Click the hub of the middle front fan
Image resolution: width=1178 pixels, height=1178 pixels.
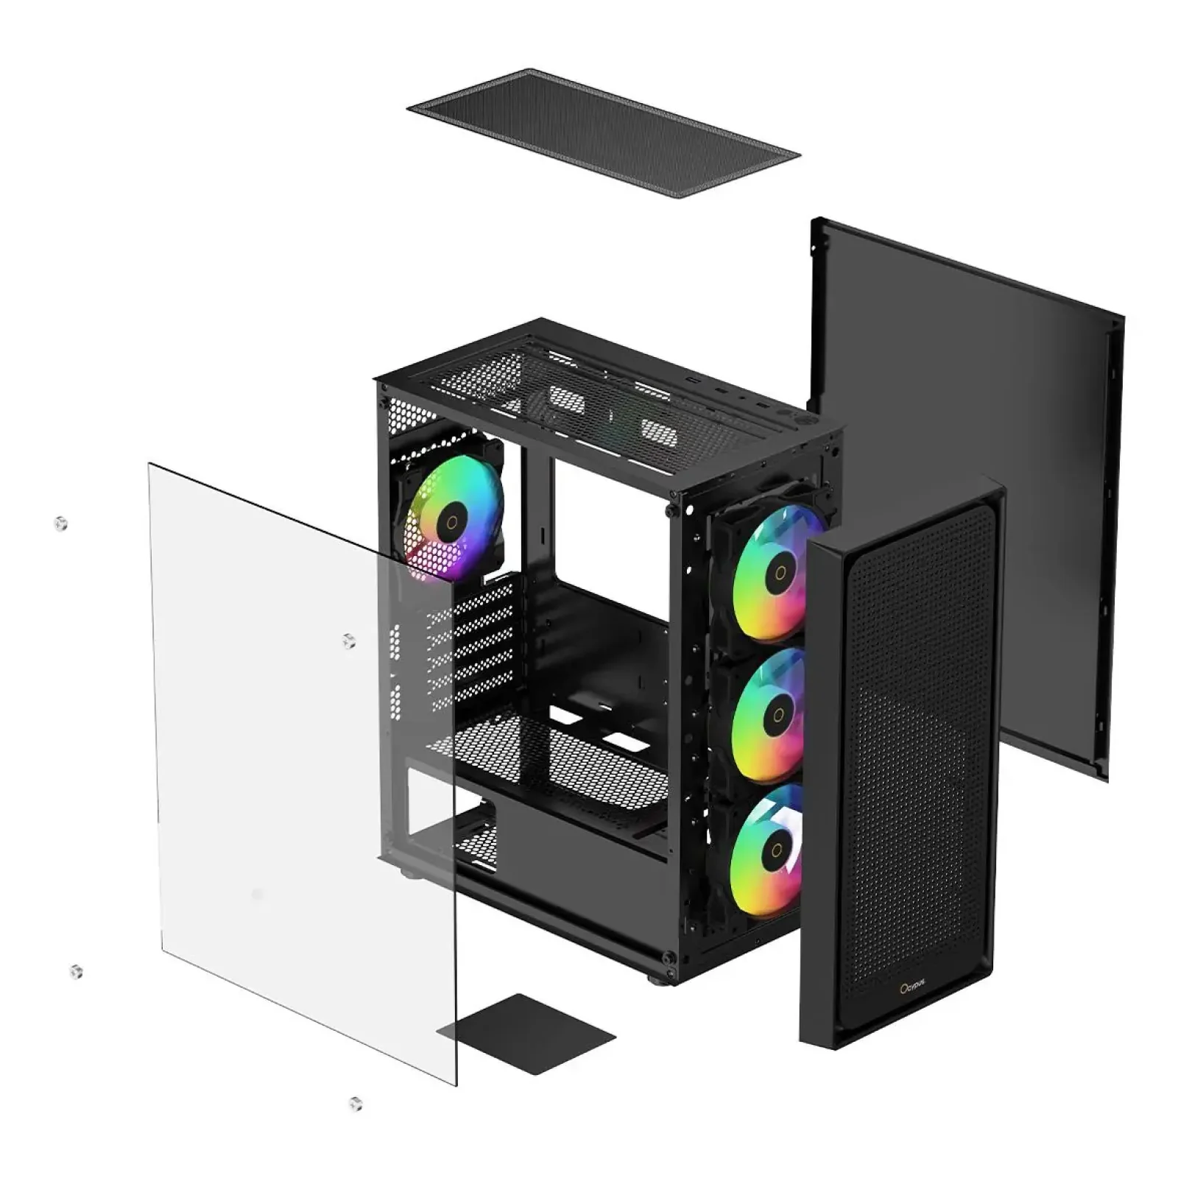777,714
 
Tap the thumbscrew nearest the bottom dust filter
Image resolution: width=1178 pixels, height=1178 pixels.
356,1103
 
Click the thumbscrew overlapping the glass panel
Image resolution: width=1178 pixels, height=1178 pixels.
350,641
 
